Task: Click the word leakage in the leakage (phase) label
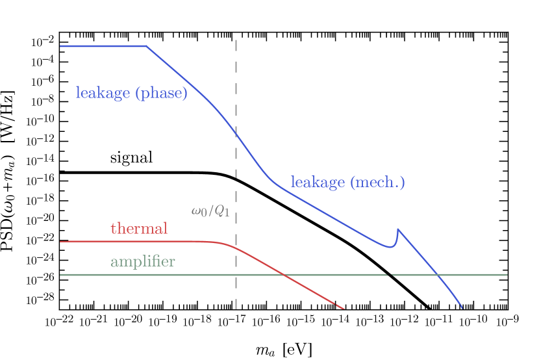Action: pos(103,93)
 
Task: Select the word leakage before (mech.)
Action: pos(318,182)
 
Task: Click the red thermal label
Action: pos(139,228)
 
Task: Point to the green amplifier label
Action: pos(142,262)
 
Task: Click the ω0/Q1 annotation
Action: pos(210,211)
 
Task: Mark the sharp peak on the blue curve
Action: pos(397,229)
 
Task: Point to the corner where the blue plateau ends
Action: pos(147,46)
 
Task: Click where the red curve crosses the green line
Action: pos(284,275)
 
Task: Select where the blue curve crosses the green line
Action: pos(438,275)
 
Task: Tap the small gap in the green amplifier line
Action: pos(390,275)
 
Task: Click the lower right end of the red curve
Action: pos(344,309)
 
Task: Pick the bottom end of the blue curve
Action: pos(462,309)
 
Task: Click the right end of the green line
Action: pos(507,275)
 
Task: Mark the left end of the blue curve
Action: pos(61,46)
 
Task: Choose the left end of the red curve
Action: pos(61,242)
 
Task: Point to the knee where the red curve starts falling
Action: pos(221,244)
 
